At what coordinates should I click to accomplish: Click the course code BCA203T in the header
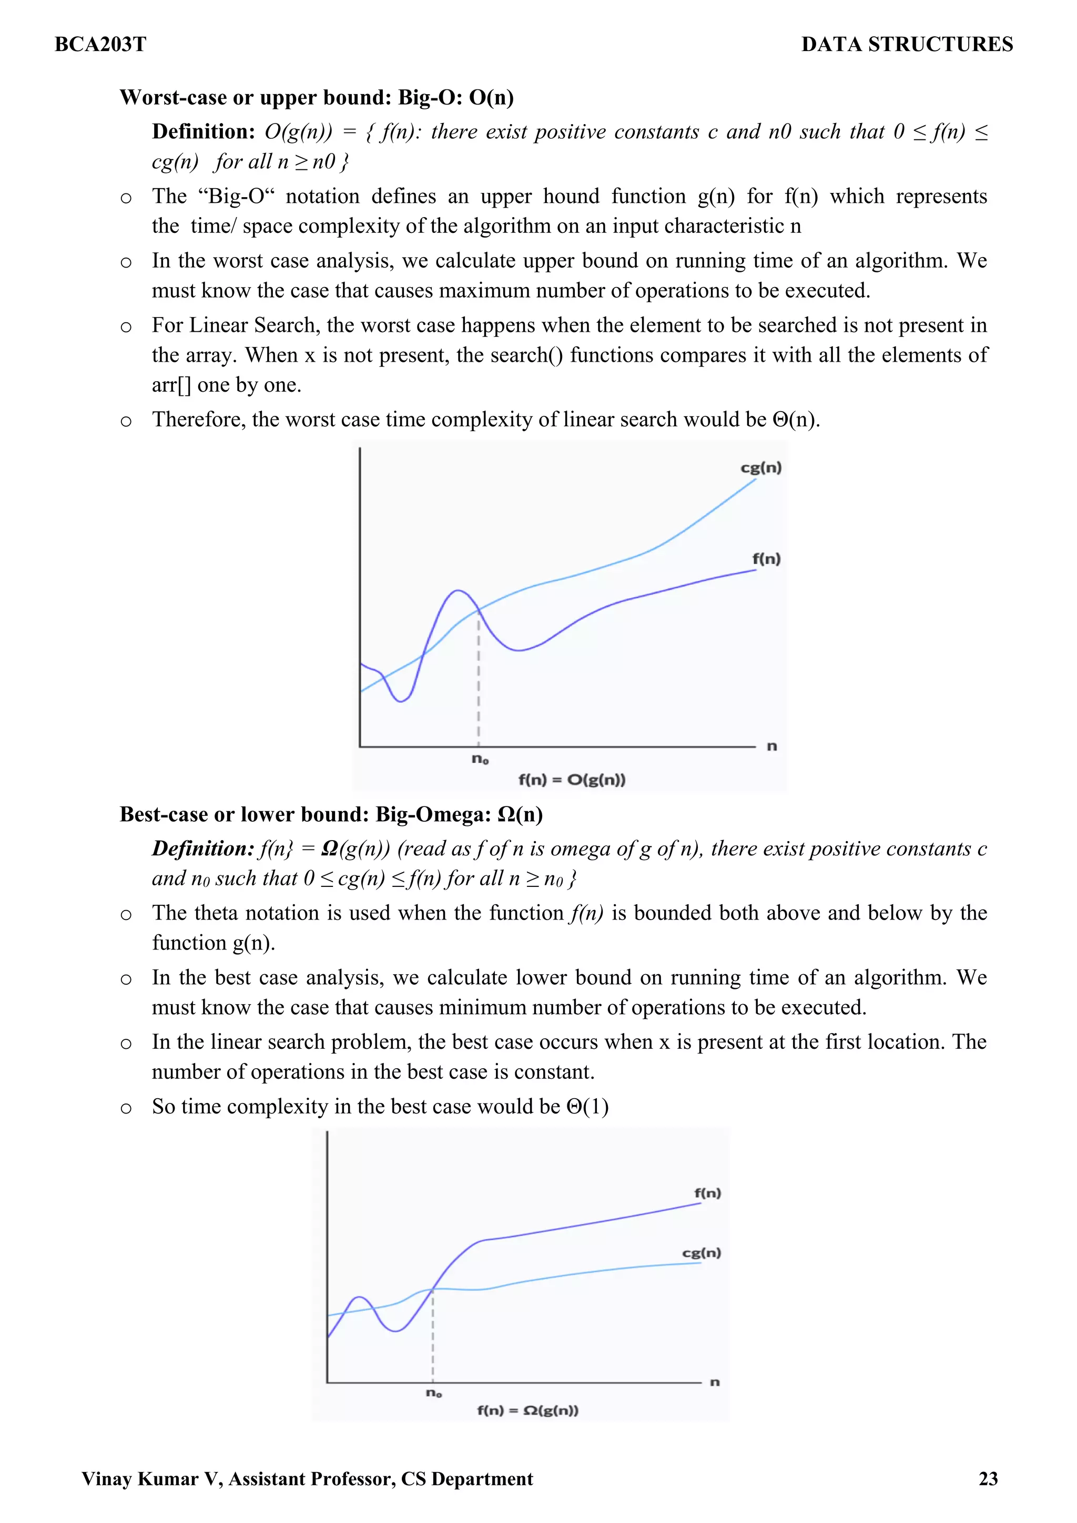pos(100,45)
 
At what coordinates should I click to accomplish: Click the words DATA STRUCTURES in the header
pos(907,45)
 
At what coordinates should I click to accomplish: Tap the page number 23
pos(988,1478)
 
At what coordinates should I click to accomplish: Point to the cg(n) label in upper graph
pos(761,468)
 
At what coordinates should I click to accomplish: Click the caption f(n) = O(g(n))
pos(571,780)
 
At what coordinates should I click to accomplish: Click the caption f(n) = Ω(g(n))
pos(527,1409)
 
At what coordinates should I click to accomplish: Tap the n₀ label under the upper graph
pos(480,759)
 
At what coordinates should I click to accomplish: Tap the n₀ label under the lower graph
pos(433,1392)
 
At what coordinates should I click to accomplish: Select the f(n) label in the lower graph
pos(707,1193)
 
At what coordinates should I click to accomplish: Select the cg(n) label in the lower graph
pos(702,1252)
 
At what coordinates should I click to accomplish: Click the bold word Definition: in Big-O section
pos(203,131)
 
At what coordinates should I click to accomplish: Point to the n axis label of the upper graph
pos(772,746)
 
